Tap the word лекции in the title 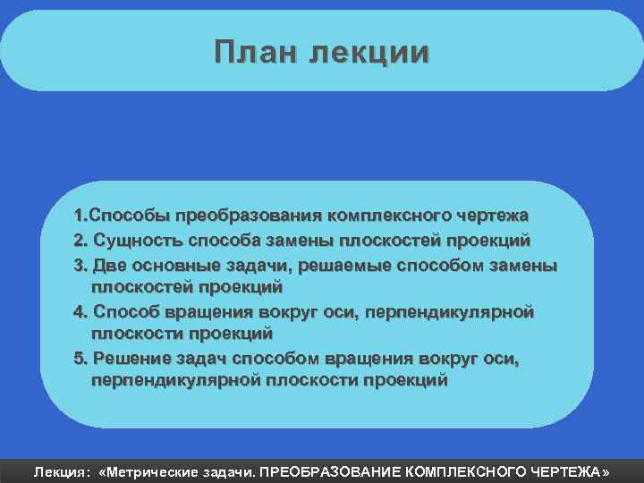(x=369, y=51)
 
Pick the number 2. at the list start (x=81, y=240)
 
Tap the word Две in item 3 (x=111, y=265)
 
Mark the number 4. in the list (x=81, y=311)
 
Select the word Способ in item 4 (x=127, y=311)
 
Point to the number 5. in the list (x=81, y=358)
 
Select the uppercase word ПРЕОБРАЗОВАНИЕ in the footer (x=330, y=470)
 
